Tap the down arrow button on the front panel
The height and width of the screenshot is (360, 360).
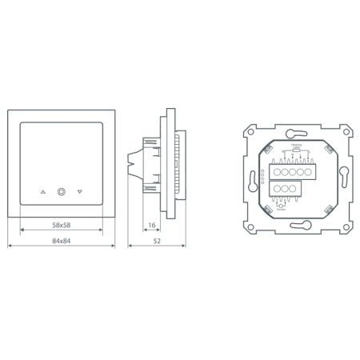80,192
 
